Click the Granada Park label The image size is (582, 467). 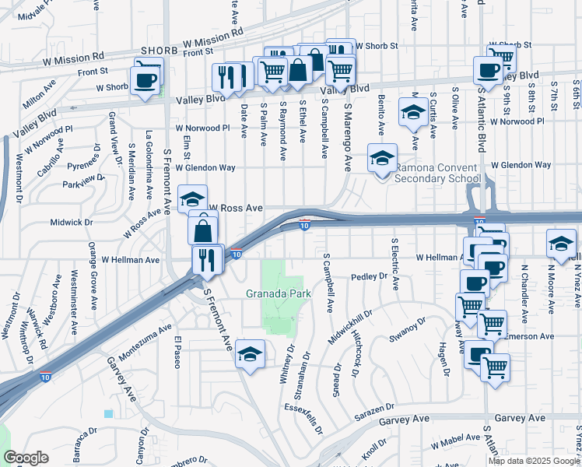278,293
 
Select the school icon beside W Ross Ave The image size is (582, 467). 192,199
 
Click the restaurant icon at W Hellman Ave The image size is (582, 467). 206,259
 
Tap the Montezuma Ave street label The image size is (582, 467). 144,342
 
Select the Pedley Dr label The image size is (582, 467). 369,276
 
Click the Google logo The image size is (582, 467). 26,458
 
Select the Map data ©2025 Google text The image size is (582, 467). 534,461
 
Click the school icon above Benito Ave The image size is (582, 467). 412,112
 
